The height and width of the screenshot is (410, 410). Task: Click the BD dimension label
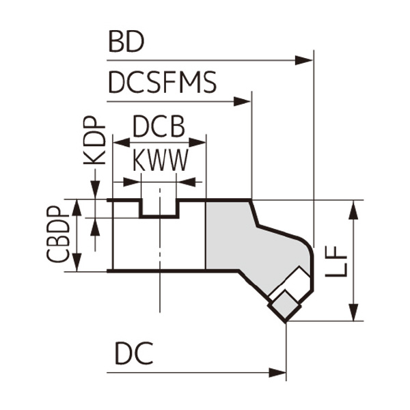pos(126,42)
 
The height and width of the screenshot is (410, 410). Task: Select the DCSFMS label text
pos(162,83)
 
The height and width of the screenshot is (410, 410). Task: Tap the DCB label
pos(159,127)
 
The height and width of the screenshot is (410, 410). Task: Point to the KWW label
pos(159,161)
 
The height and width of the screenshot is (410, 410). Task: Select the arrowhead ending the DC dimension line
pos(278,373)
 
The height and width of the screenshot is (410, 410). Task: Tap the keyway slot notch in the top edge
pos(159,208)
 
